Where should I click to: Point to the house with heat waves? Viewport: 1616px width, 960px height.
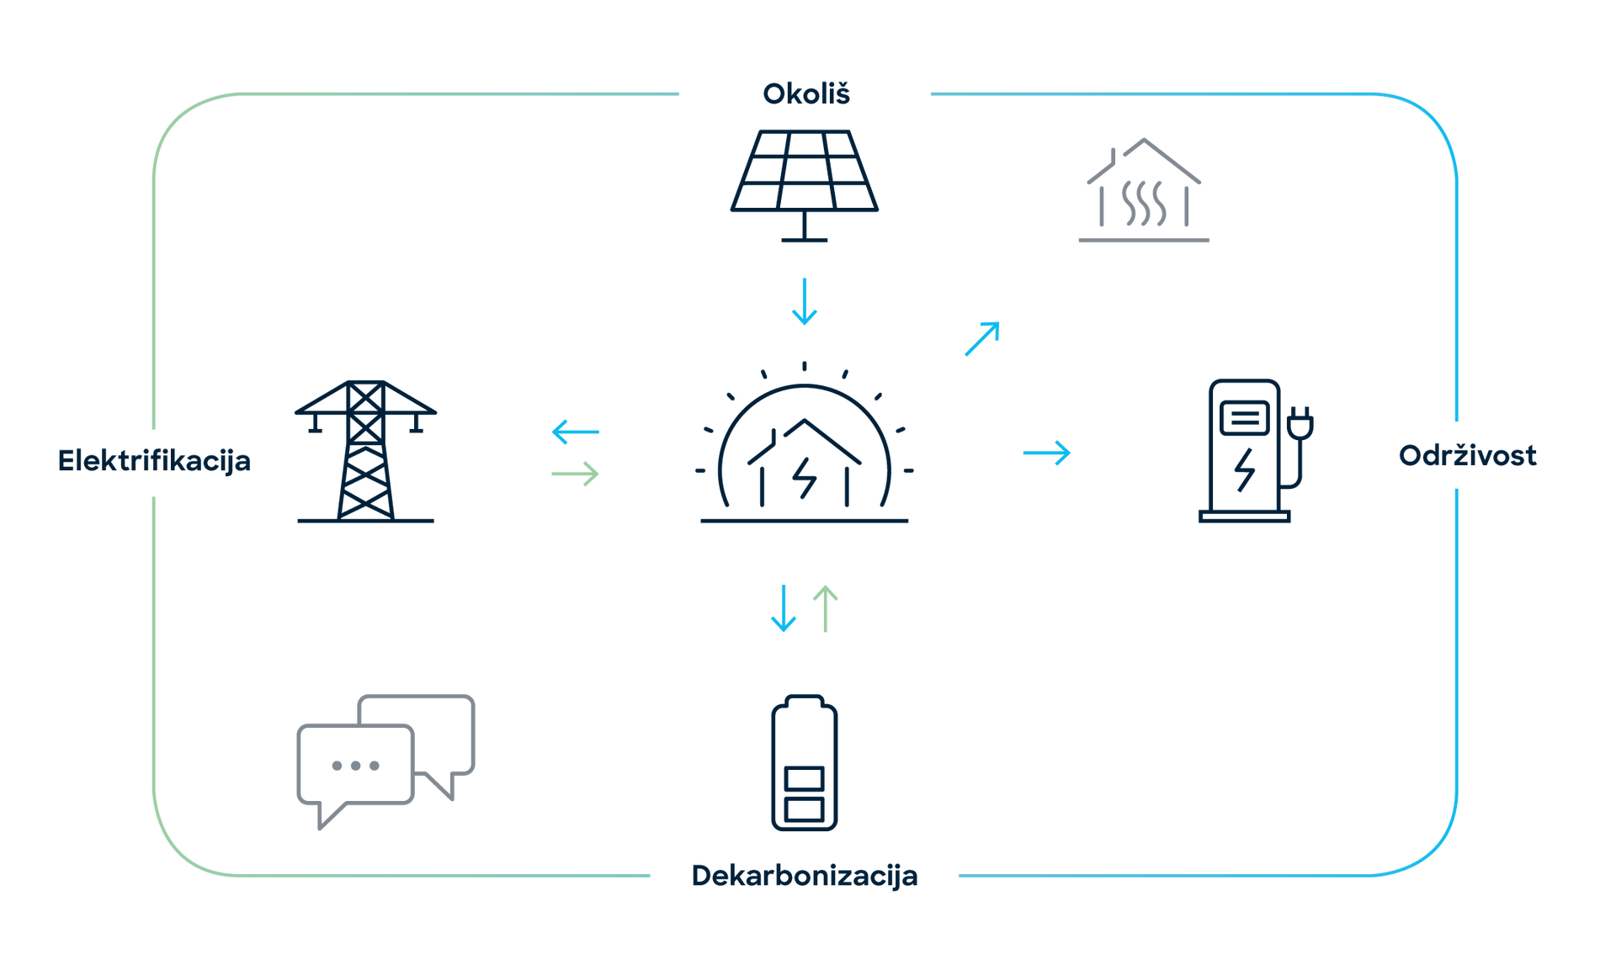[x=1144, y=189]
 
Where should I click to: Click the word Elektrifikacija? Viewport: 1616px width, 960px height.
[x=155, y=461]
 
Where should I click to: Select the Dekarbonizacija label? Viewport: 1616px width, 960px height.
[x=804, y=876]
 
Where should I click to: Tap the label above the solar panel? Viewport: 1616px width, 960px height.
[x=805, y=93]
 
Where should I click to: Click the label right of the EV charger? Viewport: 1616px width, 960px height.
[x=1468, y=456]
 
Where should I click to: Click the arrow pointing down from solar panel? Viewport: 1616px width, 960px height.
[x=804, y=302]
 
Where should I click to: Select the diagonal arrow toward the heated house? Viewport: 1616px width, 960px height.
[x=982, y=338]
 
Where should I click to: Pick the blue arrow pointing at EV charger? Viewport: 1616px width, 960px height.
[x=1047, y=453]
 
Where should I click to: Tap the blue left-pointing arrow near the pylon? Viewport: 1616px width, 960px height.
[x=576, y=432]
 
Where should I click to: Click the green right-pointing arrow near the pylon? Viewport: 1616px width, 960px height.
[x=576, y=474]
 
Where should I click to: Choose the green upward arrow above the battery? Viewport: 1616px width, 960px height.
[x=826, y=607]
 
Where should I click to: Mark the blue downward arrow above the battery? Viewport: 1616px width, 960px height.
[x=783, y=607]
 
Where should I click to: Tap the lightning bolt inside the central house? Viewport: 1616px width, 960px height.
[x=806, y=478]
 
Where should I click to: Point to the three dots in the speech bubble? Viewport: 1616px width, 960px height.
[x=355, y=766]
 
